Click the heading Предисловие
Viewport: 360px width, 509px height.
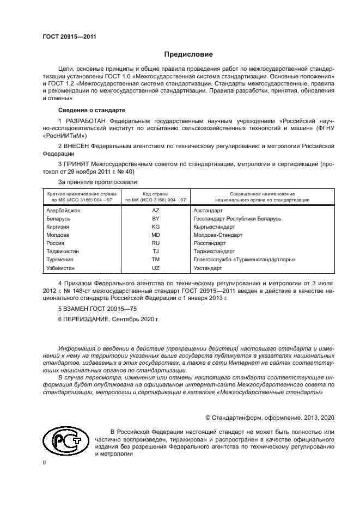pyautogui.click(x=189, y=54)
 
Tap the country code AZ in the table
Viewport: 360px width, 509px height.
pyautogui.click(x=155, y=210)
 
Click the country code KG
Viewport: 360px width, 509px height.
pyautogui.click(x=155, y=226)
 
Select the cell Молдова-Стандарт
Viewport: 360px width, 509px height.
pyautogui.click(x=218, y=235)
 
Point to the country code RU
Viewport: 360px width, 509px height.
pyautogui.click(x=155, y=243)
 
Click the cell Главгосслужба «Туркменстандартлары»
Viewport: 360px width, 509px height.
pyautogui.click(x=245, y=260)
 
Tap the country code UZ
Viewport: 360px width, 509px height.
pyautogui.click(x=155, y=268)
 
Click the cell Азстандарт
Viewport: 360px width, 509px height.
pyautogui.click(x=208, y=210)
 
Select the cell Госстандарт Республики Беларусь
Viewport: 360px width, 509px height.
pyautogui.click(x=237, y=218)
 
